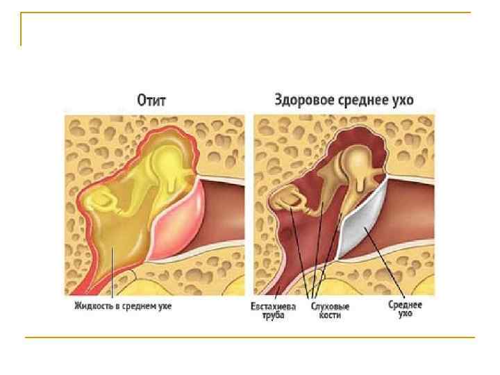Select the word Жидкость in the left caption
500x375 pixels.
click(95, 305)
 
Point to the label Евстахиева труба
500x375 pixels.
click(275, 310)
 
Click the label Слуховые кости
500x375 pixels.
click(329, 310)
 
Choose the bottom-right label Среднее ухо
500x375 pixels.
click(405, 308)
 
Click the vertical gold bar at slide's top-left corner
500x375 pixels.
click(22, 30)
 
